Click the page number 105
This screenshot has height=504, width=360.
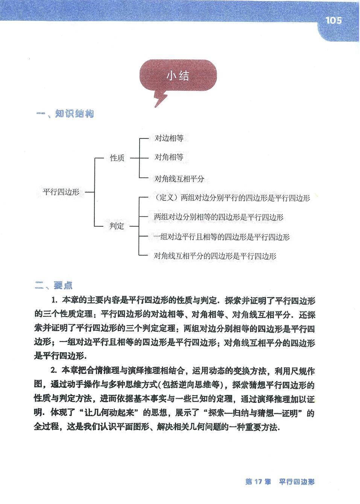[x=333, y=20]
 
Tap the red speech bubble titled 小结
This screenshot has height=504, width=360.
[x=178, y=76]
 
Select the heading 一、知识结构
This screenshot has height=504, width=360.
[x=65, y=114]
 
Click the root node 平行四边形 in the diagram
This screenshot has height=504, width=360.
[x=61, y=192]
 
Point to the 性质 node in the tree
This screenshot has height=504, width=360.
[x=117, y=158]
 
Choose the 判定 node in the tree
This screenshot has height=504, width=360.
[x=117, y=226]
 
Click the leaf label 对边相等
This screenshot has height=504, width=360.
[x=169, y=138]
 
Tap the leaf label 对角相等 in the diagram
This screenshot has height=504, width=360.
[x=169, y=157]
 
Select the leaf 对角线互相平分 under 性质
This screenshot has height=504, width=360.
[x=179, y=179]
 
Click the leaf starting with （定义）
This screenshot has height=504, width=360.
[x=232, y=198]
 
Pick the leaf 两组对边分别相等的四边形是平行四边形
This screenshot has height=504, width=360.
[x=219, y=217]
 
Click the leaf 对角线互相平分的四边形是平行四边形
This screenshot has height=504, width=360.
[x=215, y=257]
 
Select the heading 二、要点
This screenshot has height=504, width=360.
[x=54, y=286]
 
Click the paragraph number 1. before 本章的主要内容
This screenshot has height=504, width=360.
[x=54, y=301]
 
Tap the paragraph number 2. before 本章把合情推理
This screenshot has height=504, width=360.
[x=54, y=371]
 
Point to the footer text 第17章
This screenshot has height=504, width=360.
[x=258, y=482]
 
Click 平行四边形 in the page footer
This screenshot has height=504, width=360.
[x=297, y=482]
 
